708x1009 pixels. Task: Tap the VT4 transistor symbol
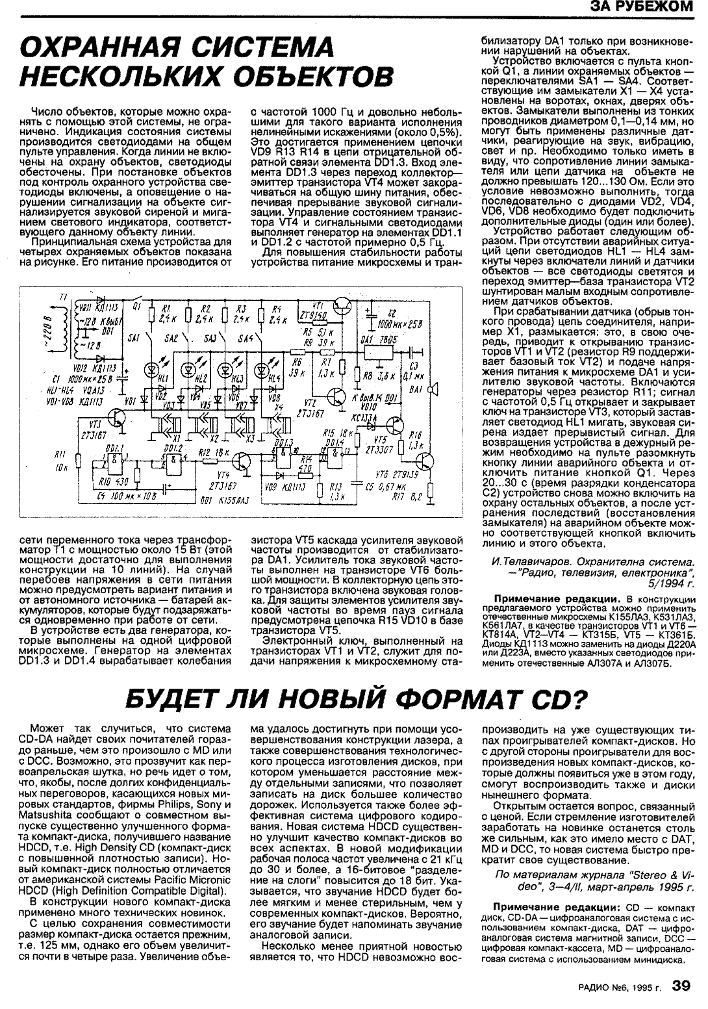point(244,461)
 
